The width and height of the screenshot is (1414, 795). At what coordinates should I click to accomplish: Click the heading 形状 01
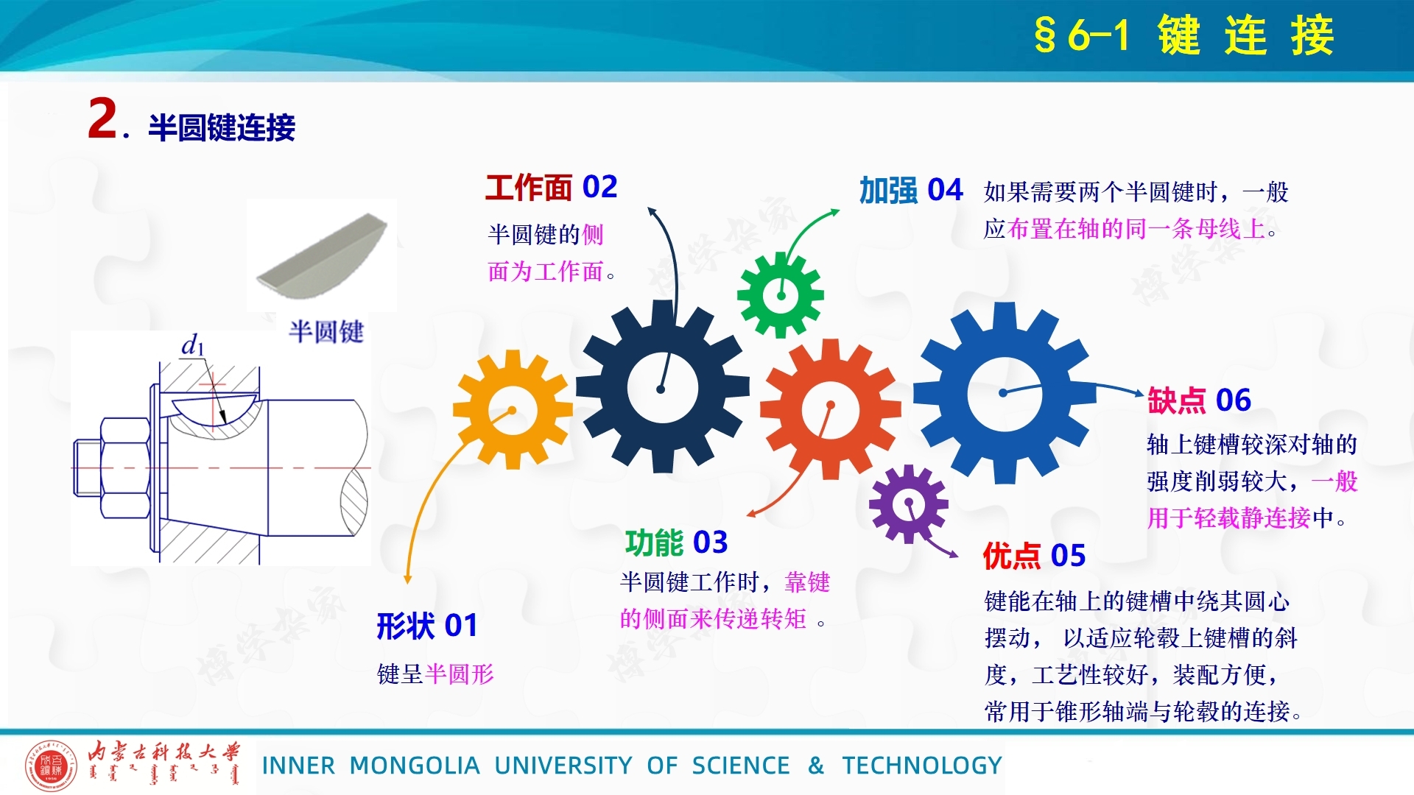coord(427,626)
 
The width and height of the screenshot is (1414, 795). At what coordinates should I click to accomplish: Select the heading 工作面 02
coord(551,188)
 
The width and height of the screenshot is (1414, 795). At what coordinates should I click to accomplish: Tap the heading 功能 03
coord(676,543)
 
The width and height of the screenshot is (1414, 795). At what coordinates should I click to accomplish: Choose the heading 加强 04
coord(911,191)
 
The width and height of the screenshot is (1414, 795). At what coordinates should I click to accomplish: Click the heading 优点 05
coord(1034,556)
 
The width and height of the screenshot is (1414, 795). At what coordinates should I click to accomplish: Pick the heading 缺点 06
coord(1199,400)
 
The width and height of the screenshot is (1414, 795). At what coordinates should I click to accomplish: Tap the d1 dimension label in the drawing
coord(193,344)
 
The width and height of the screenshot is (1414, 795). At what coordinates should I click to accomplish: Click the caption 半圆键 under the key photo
coord(326,332)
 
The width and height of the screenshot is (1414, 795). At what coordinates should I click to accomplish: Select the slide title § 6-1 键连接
coord(1184,35)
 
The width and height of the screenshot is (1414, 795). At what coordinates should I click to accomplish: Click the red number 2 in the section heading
coord(102,119)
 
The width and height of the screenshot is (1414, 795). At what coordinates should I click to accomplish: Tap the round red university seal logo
coord(51,765)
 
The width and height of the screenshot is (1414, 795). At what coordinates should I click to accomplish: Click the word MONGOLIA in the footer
coord(415,766)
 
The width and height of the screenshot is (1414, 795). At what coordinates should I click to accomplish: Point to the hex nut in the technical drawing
coord(125,468)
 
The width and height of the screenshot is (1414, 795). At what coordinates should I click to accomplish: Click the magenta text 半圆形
coord(460,674)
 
